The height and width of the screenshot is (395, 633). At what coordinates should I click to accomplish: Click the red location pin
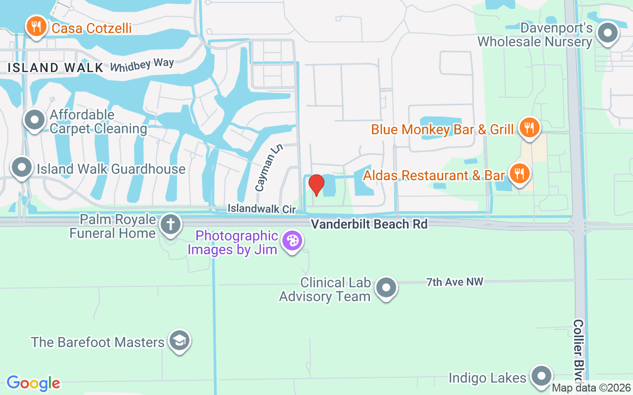(x=316, y=185)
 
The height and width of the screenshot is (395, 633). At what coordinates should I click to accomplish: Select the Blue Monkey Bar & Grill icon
(x=529, y=128)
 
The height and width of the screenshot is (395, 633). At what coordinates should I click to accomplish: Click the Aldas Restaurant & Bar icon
(x=518, y=174)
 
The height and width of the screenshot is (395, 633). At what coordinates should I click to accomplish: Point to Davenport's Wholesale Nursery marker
(x=608, y=34)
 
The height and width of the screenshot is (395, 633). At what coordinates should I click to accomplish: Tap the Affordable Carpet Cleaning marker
(x=35, y=120)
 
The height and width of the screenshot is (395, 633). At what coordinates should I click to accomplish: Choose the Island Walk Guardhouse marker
(x=22, y=167)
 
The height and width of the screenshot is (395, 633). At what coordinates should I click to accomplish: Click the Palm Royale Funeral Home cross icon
(x=171, y=225)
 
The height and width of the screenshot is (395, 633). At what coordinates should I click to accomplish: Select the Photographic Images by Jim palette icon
(x=292, y=241)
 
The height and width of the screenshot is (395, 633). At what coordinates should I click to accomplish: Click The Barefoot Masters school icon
(x=179, y=341)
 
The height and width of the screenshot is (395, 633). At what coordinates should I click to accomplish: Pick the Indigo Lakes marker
(x=541, y=377)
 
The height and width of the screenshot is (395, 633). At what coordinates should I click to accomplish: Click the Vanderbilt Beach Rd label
(x=369, y=224)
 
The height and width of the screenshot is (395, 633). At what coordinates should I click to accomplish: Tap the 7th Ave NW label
(x=454, y=282)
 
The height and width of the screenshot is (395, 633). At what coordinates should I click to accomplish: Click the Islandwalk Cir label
(x=261, y=209)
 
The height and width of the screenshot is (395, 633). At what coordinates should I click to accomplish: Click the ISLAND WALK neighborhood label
(x=55, y=68)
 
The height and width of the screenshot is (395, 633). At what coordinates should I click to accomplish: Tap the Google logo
(x=34, y=383)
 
